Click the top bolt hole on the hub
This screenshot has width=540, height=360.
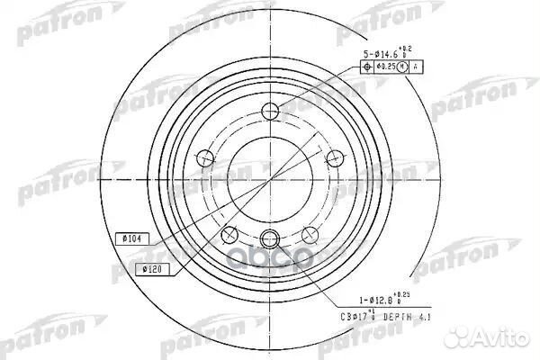pyautogui.click(x=271, y=112)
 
